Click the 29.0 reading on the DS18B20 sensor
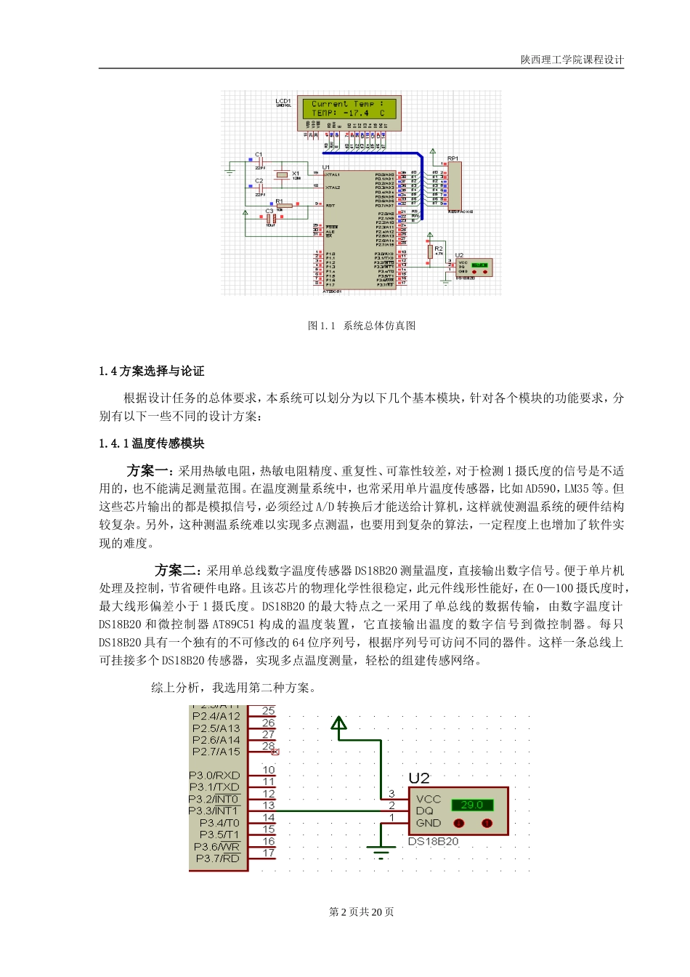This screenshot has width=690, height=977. click(x=472, y=805)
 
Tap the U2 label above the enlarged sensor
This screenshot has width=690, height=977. click(x=419, y=779)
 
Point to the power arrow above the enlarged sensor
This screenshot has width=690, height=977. click(x=338, y=723)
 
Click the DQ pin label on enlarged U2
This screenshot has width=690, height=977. click(x=424, y=811)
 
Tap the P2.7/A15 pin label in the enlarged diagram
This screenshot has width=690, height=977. click(x=216, y=752)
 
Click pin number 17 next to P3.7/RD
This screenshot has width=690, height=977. click(x=269, y=853)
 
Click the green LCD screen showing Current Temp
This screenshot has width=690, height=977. click(x=349, y=108)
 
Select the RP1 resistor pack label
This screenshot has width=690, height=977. click(x=452, y=158)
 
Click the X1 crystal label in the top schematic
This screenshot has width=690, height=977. click(x=296, y=174)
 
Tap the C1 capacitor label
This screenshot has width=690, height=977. click(x=259, y=155)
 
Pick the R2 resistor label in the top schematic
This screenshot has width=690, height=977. click(x=439, y=249)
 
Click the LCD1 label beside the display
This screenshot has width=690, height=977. click(x=283, y=101)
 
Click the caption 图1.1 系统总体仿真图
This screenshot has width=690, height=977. click(x=362, y=326)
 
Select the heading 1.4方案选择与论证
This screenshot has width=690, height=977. click(x=152, y=371)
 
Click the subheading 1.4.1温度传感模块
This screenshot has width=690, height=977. click(x=152, y=443)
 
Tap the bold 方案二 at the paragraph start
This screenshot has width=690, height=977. click(x=175, y=570)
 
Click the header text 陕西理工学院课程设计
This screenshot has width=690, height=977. click(x=572, y=60)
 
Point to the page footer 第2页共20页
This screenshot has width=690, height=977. click(x=362, y=912)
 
